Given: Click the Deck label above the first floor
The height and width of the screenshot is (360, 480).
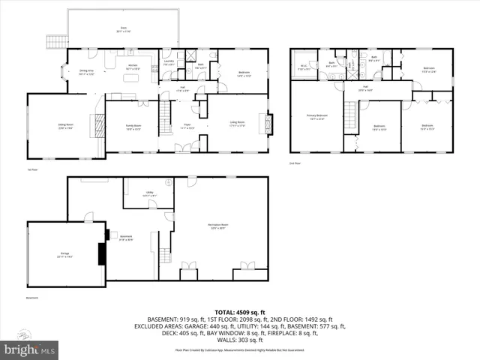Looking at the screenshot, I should point(122,30).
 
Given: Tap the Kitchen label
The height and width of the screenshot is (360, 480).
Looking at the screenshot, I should point(133,67).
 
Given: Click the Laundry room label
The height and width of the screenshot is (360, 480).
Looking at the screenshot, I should point(169,64).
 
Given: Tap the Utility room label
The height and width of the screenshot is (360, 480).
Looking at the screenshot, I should point(150,194).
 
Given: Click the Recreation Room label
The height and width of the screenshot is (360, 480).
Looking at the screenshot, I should point(218,226).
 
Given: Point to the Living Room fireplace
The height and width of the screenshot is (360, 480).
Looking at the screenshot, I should point(262,121).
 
